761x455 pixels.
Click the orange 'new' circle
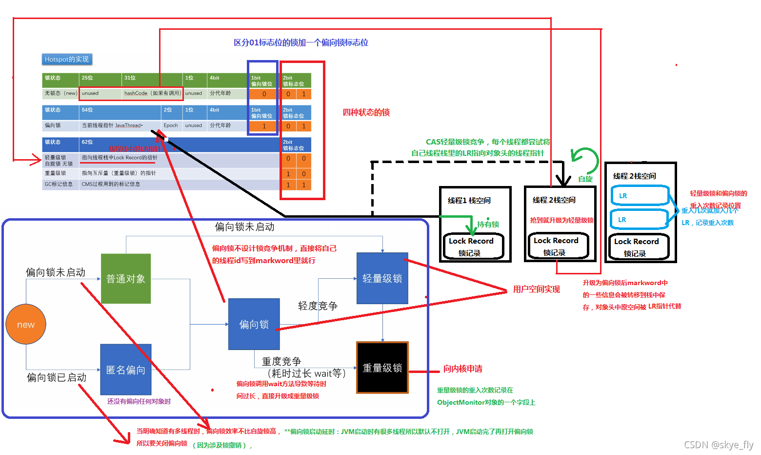click(x=26, y=324)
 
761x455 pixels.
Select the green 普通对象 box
click(x=126, y=279)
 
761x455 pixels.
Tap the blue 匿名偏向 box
click(x=126, y=370)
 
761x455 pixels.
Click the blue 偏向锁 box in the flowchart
click(x=254, y=324)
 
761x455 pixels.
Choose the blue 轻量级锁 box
click(x=382, y=278)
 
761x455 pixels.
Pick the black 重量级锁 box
click(x=382, y=368)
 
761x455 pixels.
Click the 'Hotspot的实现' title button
click(x=67, y=60)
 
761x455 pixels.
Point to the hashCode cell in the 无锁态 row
click(x=152, y=93)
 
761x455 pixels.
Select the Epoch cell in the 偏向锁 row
click(x=171, y=125)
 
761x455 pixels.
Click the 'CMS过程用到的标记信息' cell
click(x=111, y=184)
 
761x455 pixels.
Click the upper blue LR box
click(x=640, y=195)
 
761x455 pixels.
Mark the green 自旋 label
click(x=585, y=179)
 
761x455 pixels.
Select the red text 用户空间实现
click(x=536, y=290)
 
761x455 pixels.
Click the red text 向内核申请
click(x=462, y=369)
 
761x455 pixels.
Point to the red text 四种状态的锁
click(x=366, y=112)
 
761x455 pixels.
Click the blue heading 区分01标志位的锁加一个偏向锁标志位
click(x=300, y=42)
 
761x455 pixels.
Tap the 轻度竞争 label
click(x=318, y=306)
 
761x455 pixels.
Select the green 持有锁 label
click(x=488, y=224)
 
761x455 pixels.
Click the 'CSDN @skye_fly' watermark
click(x=718, y=445)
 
